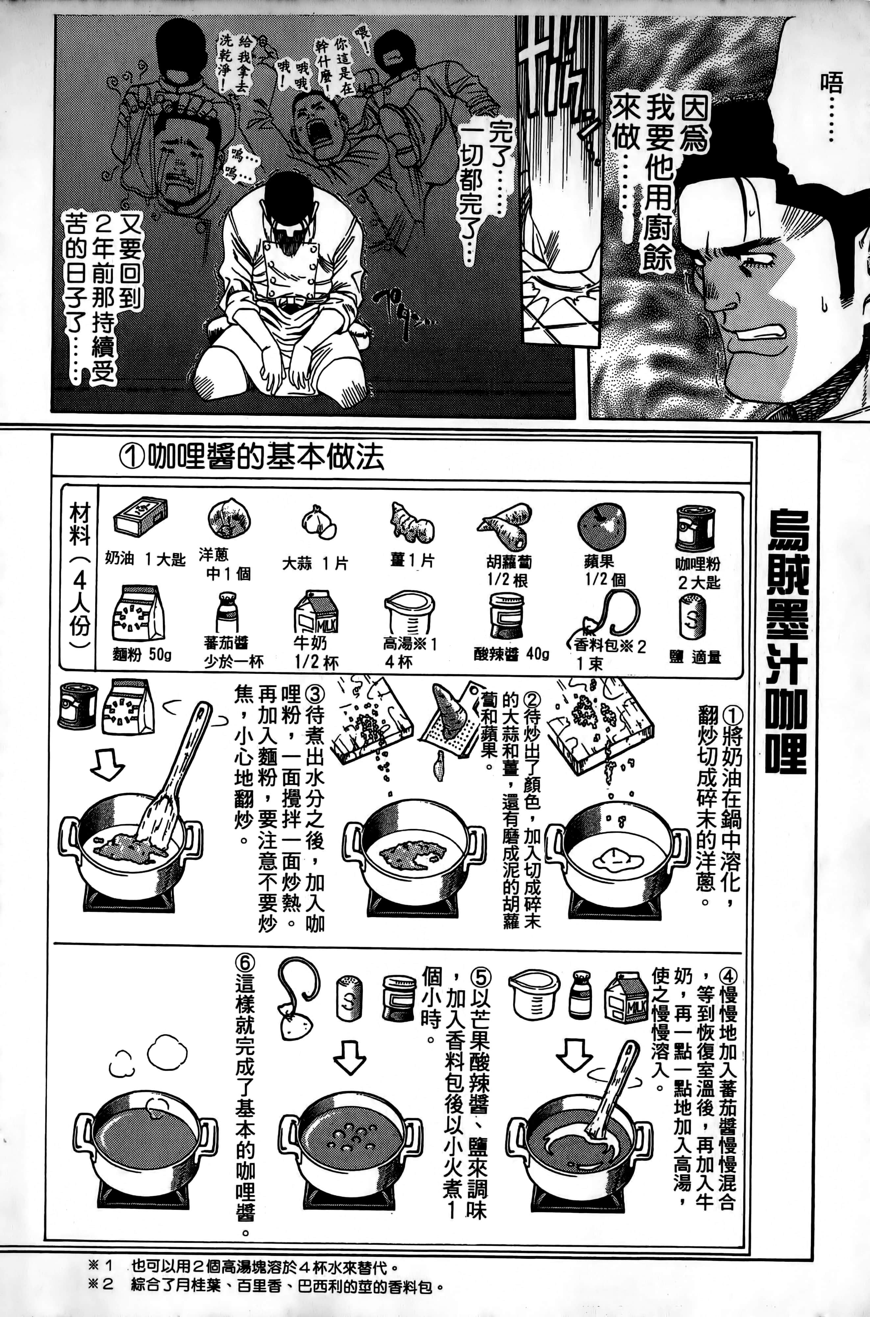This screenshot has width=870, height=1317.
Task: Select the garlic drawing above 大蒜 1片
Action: [x=318, y=523]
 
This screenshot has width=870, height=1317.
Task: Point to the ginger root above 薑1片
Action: [x=411, y=523]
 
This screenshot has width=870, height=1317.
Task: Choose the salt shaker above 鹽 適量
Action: [x=692, y=616]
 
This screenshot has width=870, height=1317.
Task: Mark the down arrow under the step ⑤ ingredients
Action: [x=350, y=1063]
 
